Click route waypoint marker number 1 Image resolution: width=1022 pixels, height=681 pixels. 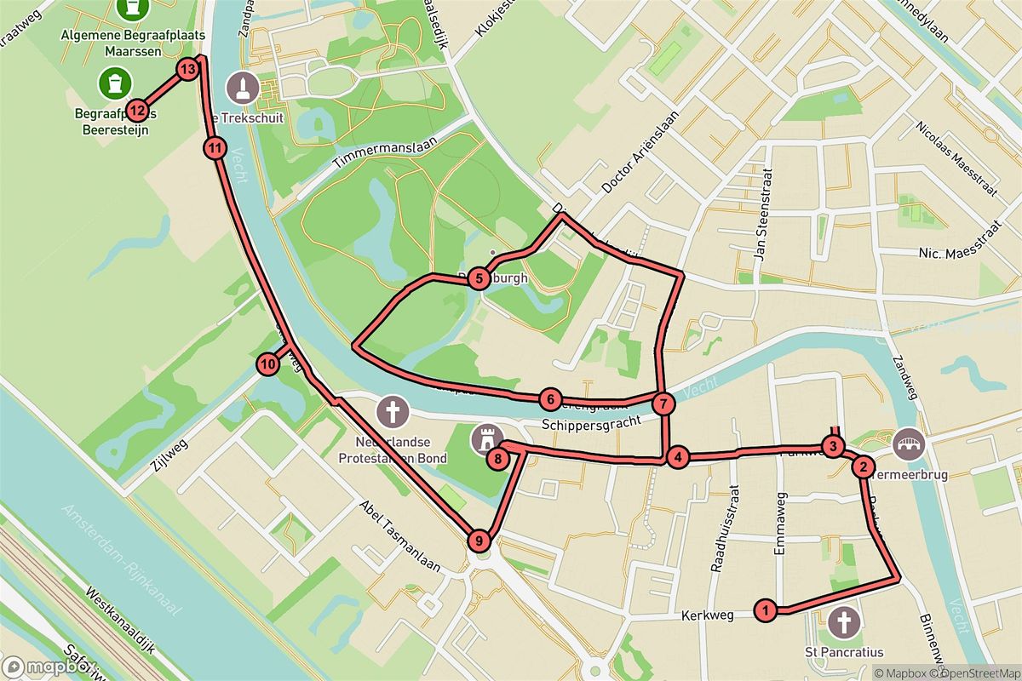tap(766, 609)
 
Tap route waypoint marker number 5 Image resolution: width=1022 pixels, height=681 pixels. tap(479, 278)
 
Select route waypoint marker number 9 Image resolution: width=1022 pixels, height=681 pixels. tap(479, 540)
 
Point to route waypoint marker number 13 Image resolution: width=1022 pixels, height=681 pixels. tap(188, 68)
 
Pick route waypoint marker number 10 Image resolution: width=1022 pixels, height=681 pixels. tap(267, 364)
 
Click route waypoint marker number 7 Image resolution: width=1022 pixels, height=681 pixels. tap(664, 403)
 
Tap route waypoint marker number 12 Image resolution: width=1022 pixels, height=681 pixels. tap(137, 111)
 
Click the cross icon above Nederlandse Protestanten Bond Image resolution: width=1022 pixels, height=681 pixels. tap(393, 412)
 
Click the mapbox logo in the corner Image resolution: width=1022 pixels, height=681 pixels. tap(36, 667)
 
